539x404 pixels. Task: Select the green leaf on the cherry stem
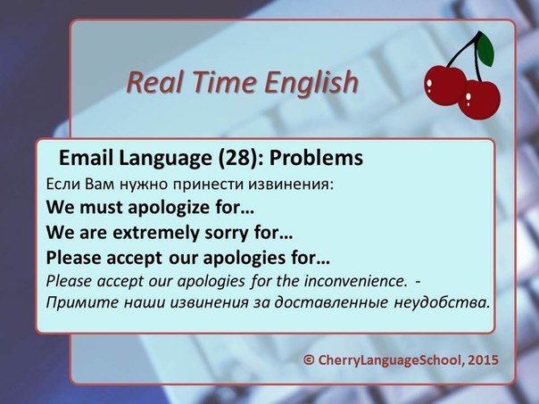(x=485, y=49)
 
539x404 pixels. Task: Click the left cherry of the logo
(x=445, y=86)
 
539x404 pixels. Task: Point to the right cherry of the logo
(x=479, y=100)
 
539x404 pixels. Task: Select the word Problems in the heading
(x=316, y=158)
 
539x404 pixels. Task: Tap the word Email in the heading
(x=87, y=158)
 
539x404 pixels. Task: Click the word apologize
(x=169, y=208)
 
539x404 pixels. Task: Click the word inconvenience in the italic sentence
(x=353, y=281)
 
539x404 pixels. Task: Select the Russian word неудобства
(x=442, y=302)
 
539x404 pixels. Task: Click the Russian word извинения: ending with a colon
(x=291, y=185)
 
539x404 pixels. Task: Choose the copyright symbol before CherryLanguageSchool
(x=309, y=360)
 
